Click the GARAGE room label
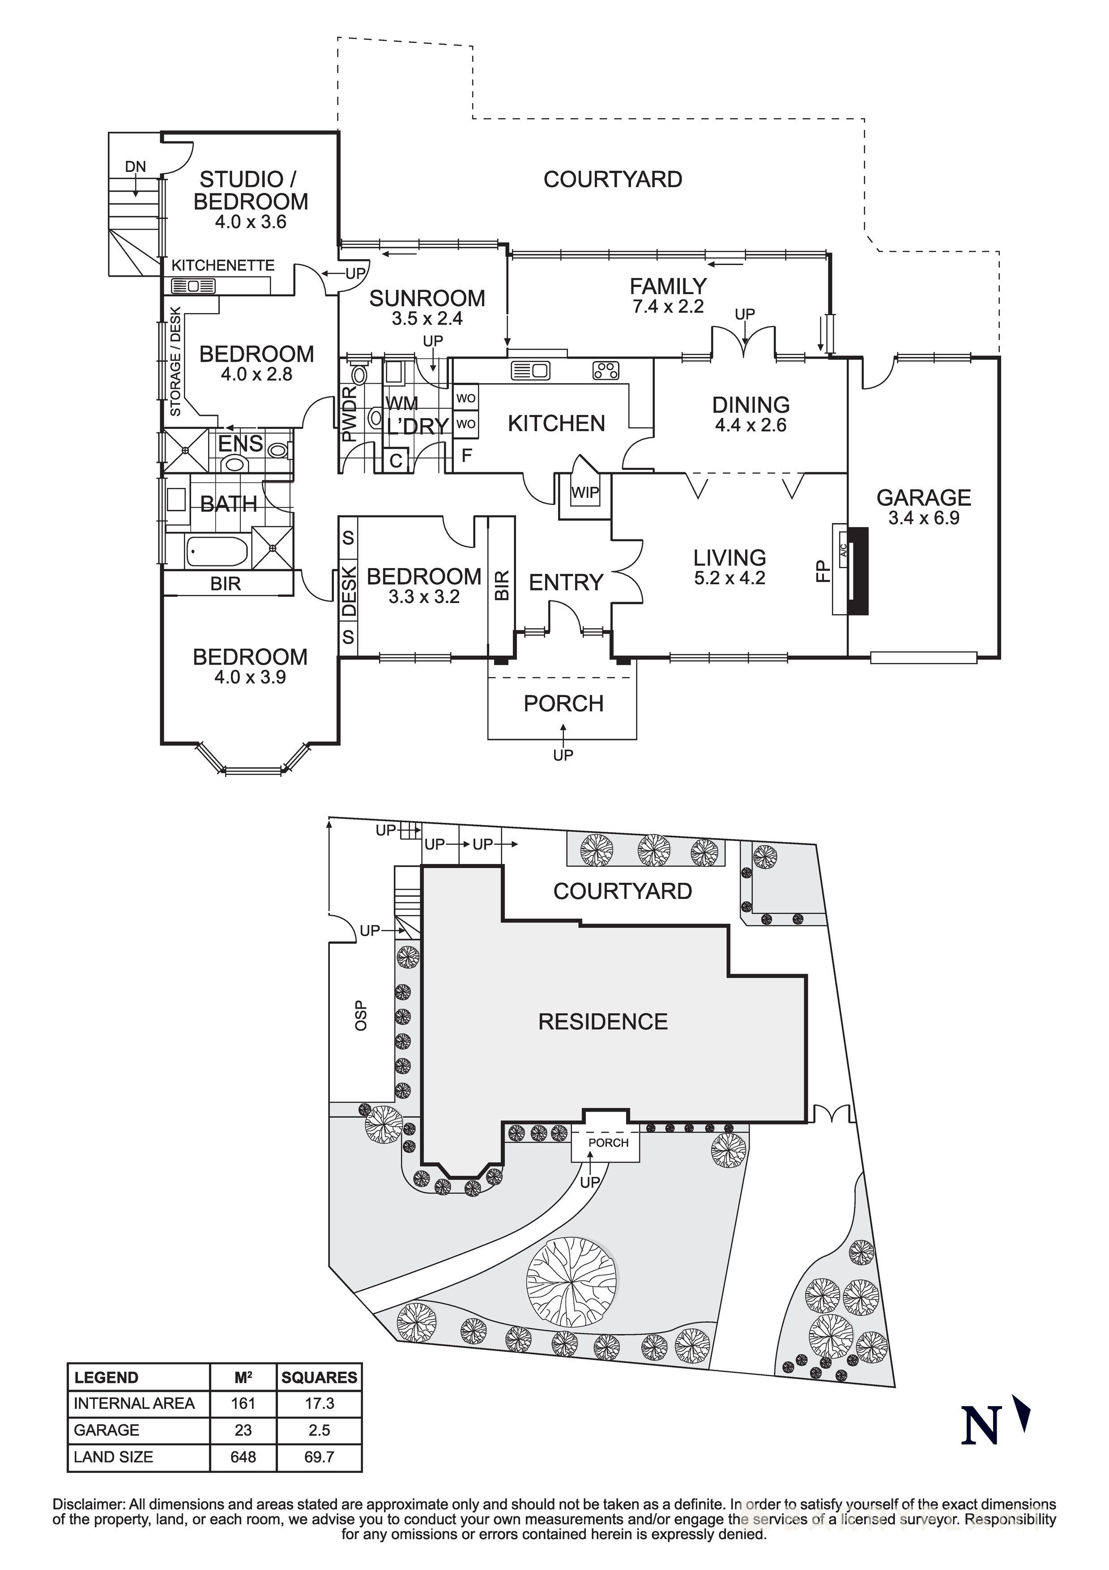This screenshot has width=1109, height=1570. (924, 497)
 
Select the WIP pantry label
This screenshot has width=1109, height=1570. (584, 492)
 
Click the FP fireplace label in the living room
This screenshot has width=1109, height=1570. (823, 570)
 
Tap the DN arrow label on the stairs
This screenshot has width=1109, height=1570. (135, 166)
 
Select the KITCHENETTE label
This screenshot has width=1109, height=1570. (223, 265)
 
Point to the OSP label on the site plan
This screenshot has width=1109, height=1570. (361, 1015)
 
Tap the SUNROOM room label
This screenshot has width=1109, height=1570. (427, 298)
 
